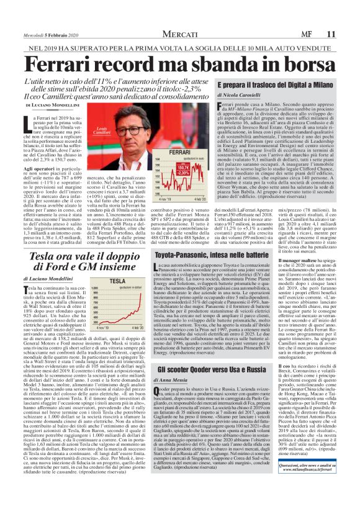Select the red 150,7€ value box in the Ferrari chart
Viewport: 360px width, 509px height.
[x=183, y=167]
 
